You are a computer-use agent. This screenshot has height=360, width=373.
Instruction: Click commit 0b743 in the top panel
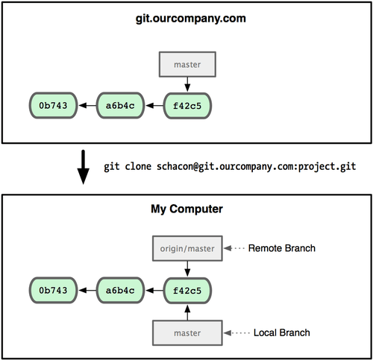[53, 106]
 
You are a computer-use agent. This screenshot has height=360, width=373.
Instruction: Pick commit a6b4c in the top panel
[120, 106]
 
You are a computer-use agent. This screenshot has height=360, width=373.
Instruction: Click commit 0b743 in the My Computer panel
[53, 290]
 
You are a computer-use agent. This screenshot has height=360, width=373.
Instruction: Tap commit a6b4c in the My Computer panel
[120, 290]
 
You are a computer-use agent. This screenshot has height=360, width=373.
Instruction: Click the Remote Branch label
[283, 247]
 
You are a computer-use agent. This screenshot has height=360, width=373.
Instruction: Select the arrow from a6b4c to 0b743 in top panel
[87, 106]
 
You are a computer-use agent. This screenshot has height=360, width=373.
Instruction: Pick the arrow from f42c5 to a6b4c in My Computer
[154, 290]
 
